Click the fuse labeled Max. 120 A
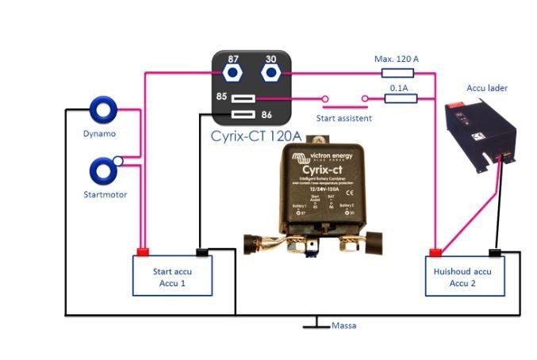tap(396, 73)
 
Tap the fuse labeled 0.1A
tap(396, 99)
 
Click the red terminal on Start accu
tap(144, 253)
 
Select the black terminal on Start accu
tap(201, 253)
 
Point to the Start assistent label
tap(343, 118)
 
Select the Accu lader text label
tap(487, 88)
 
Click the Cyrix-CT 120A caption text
tap(255, 136)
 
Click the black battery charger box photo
tap(480, 135)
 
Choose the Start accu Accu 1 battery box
tap(172, 276)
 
